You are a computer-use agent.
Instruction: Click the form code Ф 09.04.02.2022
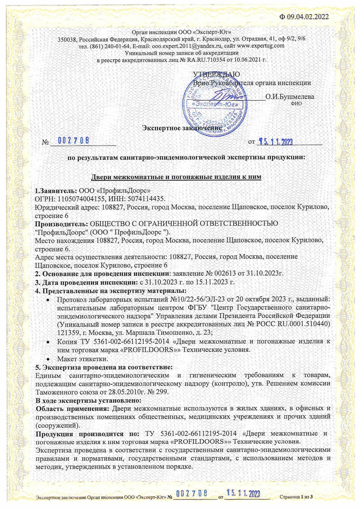click(x=304, y=17)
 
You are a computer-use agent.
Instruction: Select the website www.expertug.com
click(x=260, y=46)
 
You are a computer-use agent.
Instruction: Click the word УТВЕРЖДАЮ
click(x=216, y=74)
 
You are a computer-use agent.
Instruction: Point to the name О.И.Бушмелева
click(x=289, y=97)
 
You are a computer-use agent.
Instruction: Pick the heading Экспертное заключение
click(x=181, y=128)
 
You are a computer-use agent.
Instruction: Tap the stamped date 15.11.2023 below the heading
click(x=276, y=141)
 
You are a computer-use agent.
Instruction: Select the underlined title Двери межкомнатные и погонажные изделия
click(x=176, y=177)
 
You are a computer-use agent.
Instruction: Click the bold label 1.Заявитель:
click(x=56, y=191)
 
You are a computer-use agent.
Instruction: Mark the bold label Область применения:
click(x=72, y=408)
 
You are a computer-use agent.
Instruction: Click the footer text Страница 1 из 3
click(x=296, y=497)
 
